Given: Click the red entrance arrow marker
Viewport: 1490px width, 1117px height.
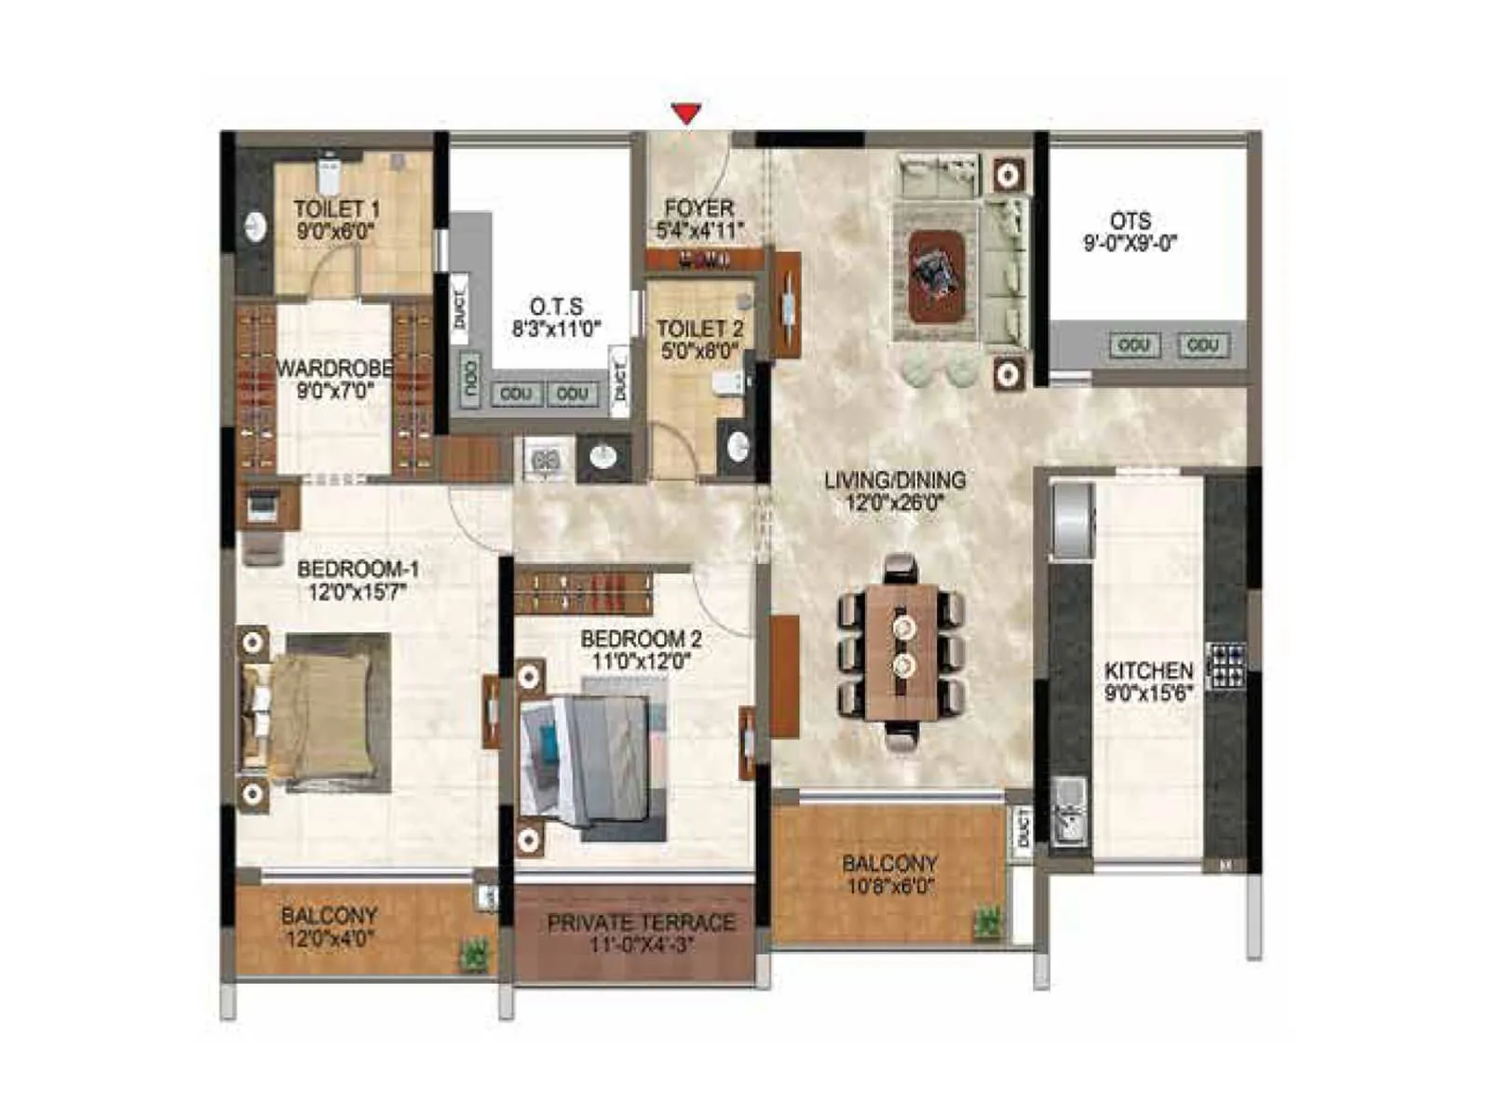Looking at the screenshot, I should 686,114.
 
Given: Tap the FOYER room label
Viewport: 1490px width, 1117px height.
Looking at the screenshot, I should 699,209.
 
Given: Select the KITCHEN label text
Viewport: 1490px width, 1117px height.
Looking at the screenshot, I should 1148,670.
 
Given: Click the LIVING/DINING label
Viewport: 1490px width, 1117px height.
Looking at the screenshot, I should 895,480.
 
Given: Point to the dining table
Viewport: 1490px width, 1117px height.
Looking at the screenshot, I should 901,652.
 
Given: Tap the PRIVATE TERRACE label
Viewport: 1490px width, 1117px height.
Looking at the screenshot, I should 641,923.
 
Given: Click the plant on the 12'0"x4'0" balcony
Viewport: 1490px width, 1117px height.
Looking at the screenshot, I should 475,955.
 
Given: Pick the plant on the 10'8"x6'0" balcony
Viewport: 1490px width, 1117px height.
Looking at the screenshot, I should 987,922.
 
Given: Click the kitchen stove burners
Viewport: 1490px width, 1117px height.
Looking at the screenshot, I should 1226,666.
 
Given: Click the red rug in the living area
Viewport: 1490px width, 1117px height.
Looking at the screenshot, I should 935,276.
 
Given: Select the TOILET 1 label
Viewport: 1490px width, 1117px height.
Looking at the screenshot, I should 336,209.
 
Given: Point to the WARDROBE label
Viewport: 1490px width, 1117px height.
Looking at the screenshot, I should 334,369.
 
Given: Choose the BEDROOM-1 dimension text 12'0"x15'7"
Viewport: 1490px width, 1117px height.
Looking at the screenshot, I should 358,592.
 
